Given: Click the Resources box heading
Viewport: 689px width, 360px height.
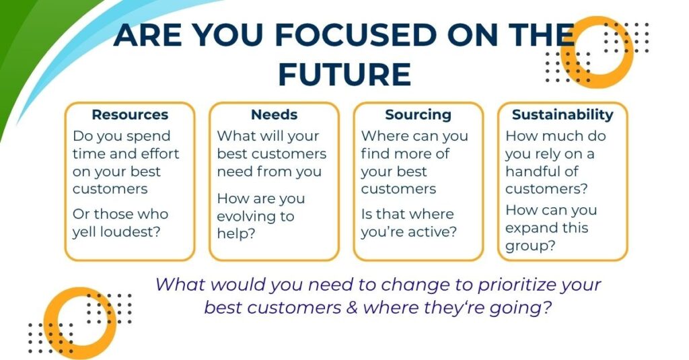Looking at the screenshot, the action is pyautogui.click(x=130, y=114).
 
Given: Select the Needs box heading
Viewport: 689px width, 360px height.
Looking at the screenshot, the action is pyautogui.click(x=275, y=114).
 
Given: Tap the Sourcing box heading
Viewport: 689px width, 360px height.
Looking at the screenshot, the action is pyautogui.click(x=419, y=115).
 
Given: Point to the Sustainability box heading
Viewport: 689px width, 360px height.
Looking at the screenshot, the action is pyautogui.click(x=563, y=115).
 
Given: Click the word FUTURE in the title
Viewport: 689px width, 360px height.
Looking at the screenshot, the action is pyautogui.click(x=345, y=74).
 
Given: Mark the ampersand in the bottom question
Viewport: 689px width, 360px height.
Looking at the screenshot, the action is pyautogui.click(x=352, y=308).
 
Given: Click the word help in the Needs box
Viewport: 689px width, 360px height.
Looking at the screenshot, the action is pyautogui.click(x=236, y=233).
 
